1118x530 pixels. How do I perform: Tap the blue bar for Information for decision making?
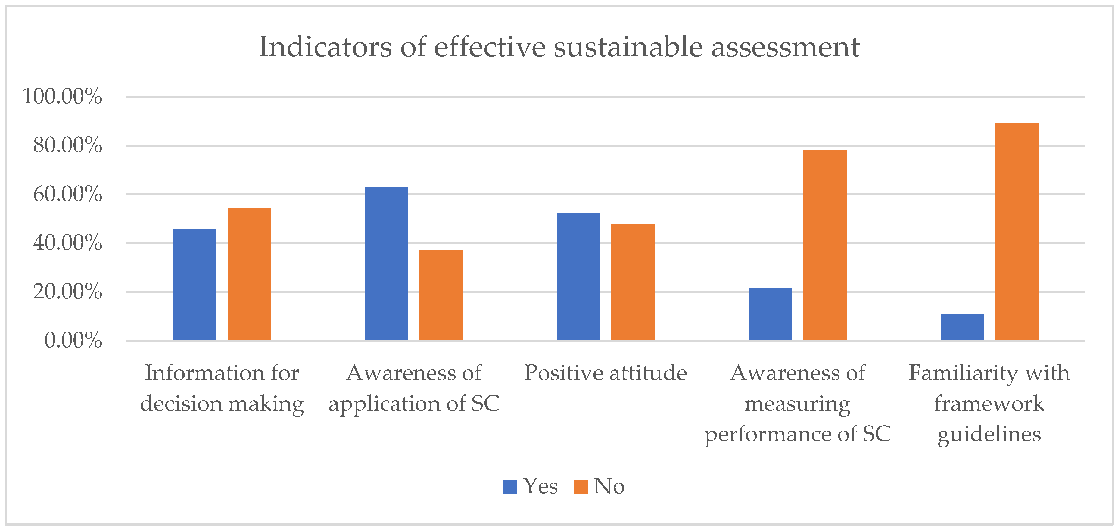point(195,284)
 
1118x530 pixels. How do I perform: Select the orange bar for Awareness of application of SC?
point(441,295)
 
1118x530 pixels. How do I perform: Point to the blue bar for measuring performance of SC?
point(770,313)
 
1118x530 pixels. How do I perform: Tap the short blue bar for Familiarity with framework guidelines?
point(962,326)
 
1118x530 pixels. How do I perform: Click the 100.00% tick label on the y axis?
point(62,96)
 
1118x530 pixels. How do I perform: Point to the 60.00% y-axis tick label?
point(67,194)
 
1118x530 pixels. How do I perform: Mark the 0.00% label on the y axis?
point(73,340)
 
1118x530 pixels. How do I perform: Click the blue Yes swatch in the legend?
point(510,487)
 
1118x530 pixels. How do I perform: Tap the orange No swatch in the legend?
point(581,487)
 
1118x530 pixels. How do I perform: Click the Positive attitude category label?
point(605,373)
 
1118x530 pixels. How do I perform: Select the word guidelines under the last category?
point(989,434)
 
